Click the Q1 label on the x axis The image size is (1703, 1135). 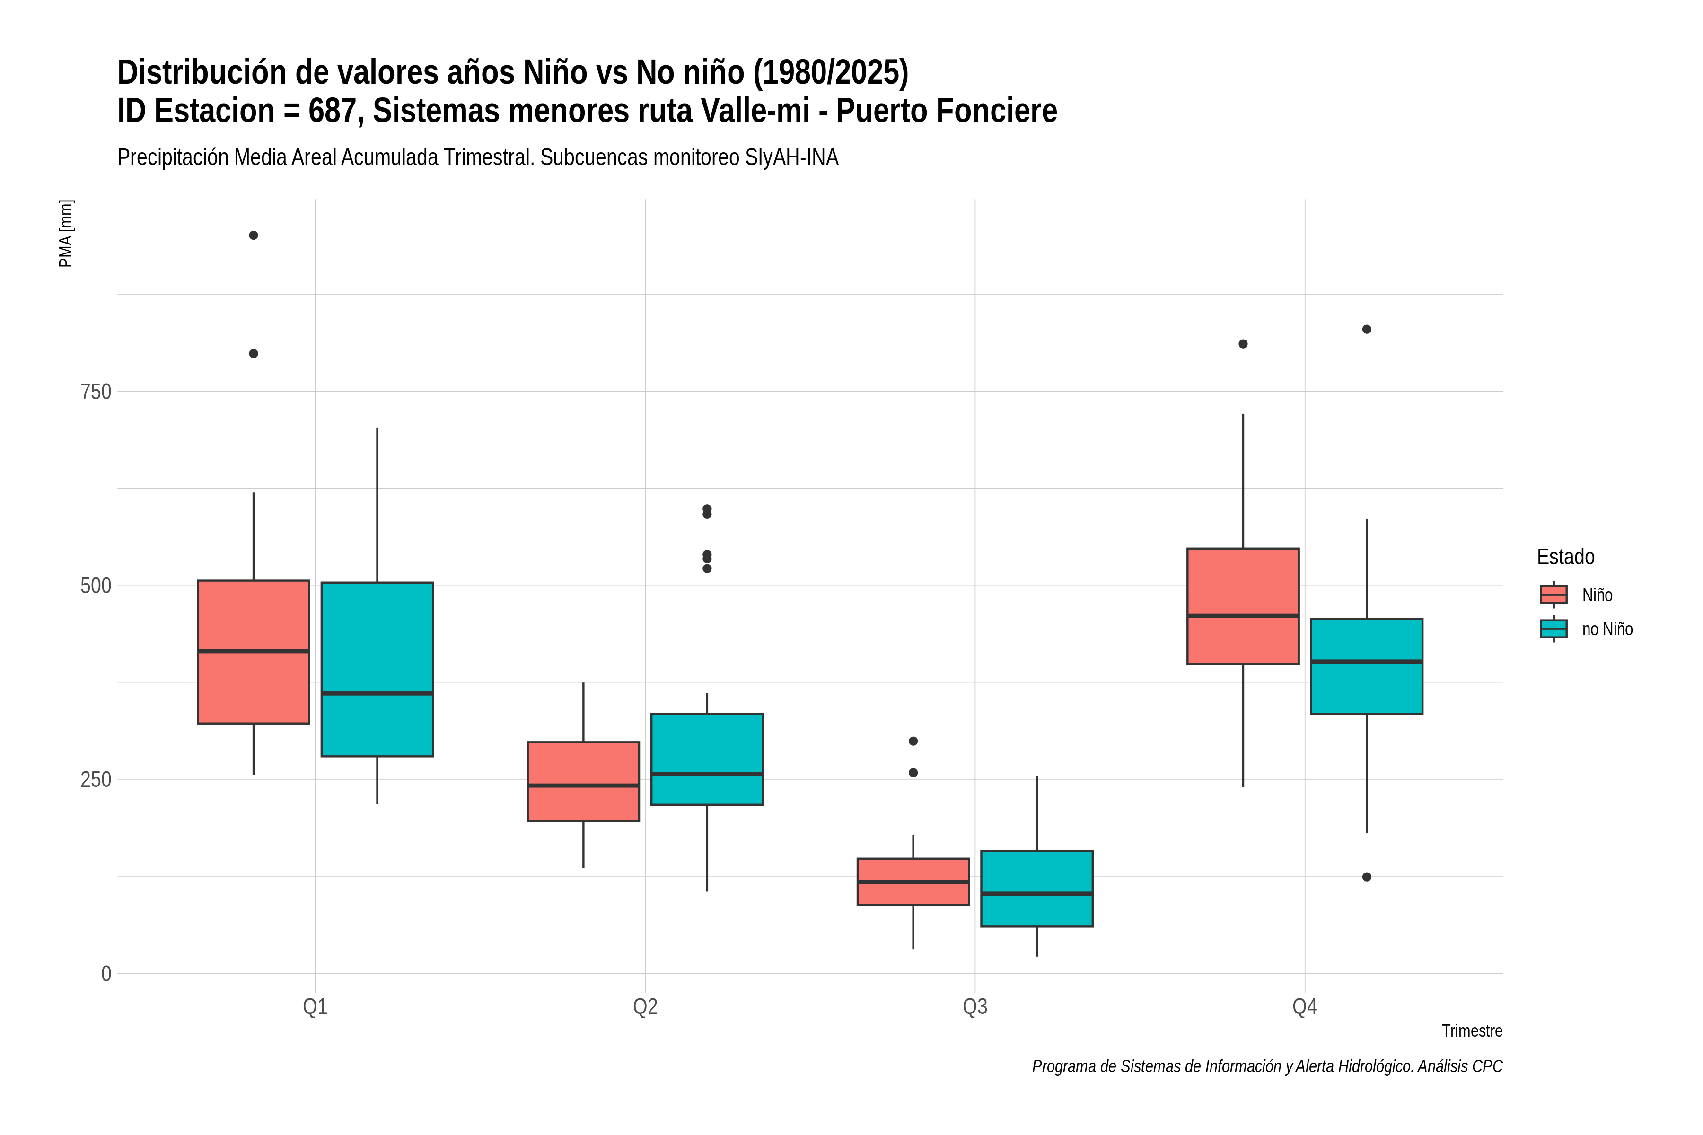pos(315,1007)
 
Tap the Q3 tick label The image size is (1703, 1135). pos(974,1007)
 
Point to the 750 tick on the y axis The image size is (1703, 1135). pos(96,392)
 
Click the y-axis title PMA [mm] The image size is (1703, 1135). pos(66,234)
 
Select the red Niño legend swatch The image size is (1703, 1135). pos(1554,595)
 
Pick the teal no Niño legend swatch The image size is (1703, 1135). pos(1554,629)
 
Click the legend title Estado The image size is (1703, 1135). pos(1565,557)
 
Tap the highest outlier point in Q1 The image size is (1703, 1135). pos(254,235)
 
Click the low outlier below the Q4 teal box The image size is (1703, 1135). pos(1367,877)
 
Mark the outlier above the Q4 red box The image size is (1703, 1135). pos(1243,344)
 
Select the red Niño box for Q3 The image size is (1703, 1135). pos(913,882)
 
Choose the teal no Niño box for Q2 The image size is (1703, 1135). pos(707,760)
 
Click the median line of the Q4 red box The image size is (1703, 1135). pos(1243,616)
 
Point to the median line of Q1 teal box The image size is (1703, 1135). pos(377,693)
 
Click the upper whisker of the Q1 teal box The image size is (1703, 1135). pos(377,505)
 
